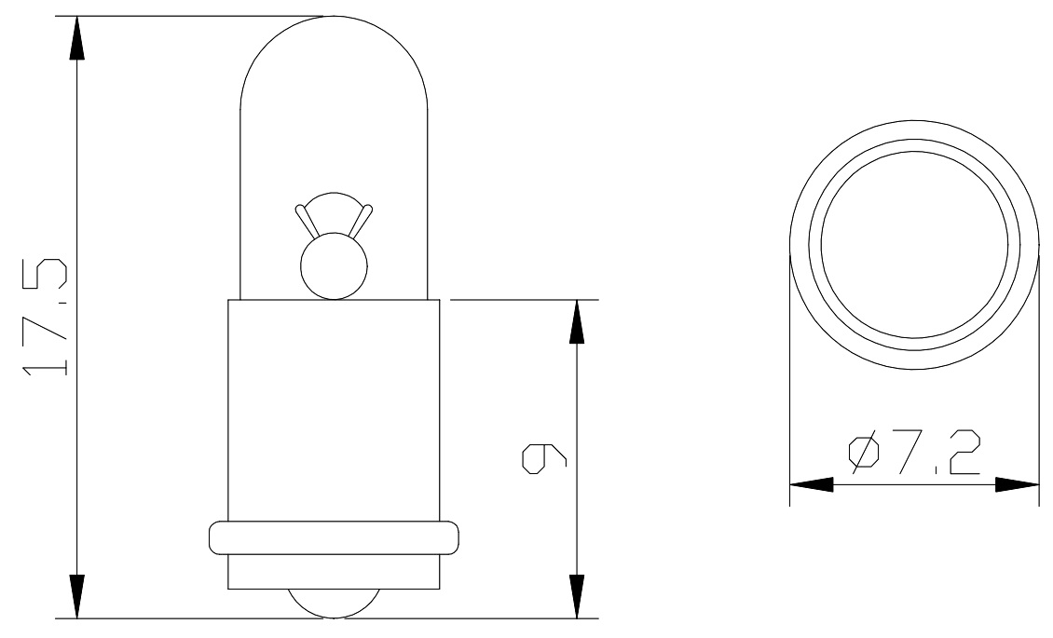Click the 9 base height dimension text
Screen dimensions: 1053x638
point(544,458)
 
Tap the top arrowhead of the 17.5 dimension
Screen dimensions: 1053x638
point(77,38)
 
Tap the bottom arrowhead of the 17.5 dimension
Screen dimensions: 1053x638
point(77,596)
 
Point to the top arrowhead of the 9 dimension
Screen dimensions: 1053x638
point(577,322)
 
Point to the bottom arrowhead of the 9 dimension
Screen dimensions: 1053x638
point(577,596)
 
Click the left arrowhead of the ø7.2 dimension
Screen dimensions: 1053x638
point(812,484)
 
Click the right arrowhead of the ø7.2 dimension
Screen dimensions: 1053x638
point(1017,484)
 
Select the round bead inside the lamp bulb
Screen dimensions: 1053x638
point(334,266)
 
